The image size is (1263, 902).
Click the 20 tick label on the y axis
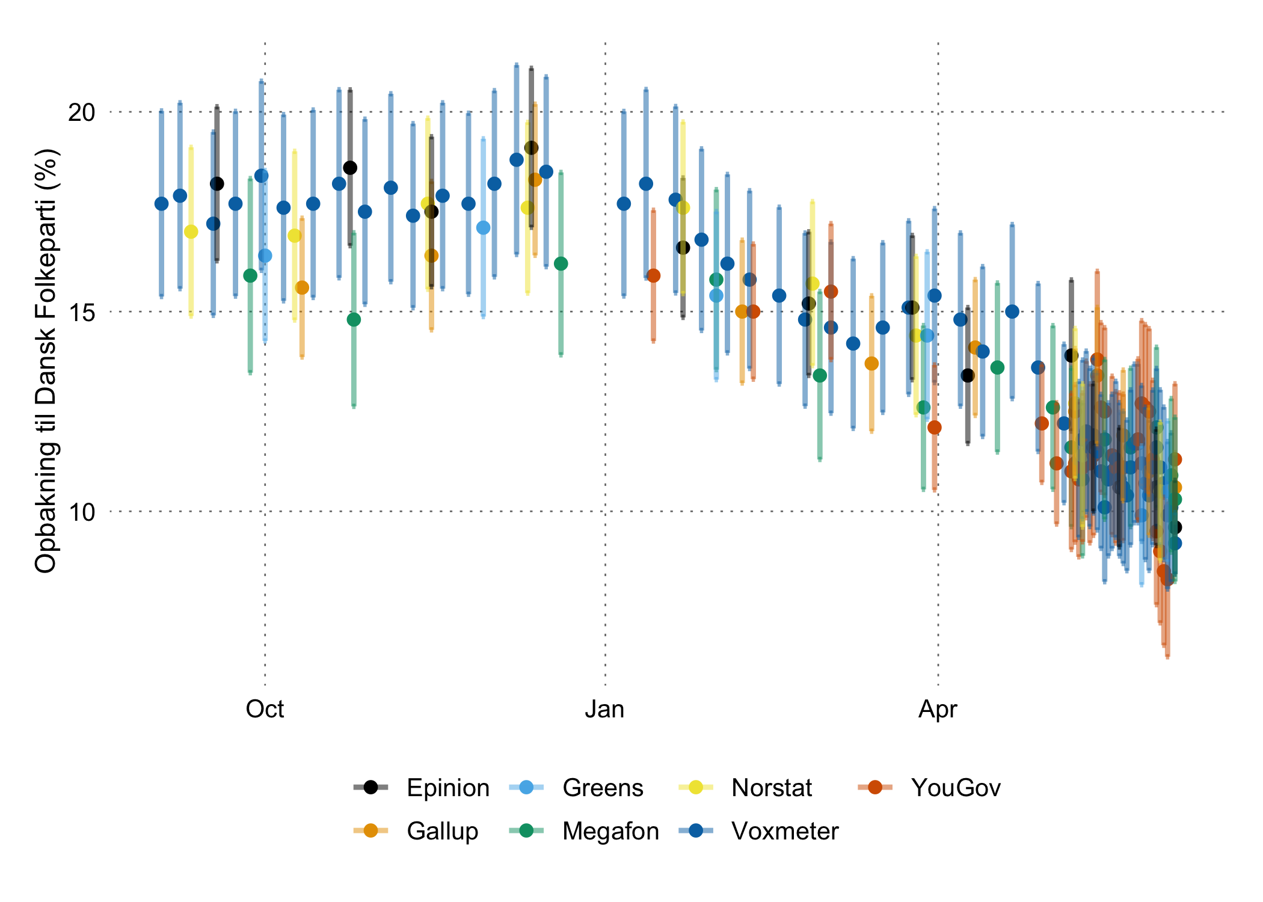(82, 112)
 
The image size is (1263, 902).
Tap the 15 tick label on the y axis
(82, 312)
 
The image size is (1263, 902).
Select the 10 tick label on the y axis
(82, 512)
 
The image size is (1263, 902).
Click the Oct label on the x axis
(265, 710)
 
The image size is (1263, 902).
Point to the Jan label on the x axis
(604, 710)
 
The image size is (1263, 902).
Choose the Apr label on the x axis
(938, 710)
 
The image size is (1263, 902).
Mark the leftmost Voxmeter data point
(161, 204)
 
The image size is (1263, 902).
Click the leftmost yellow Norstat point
(191, 232)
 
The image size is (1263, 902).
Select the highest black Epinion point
(531, 148)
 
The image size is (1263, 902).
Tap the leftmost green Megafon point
(250, 275)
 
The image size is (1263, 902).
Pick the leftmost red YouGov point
(653, 275)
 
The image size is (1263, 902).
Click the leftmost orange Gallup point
(302, 287)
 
